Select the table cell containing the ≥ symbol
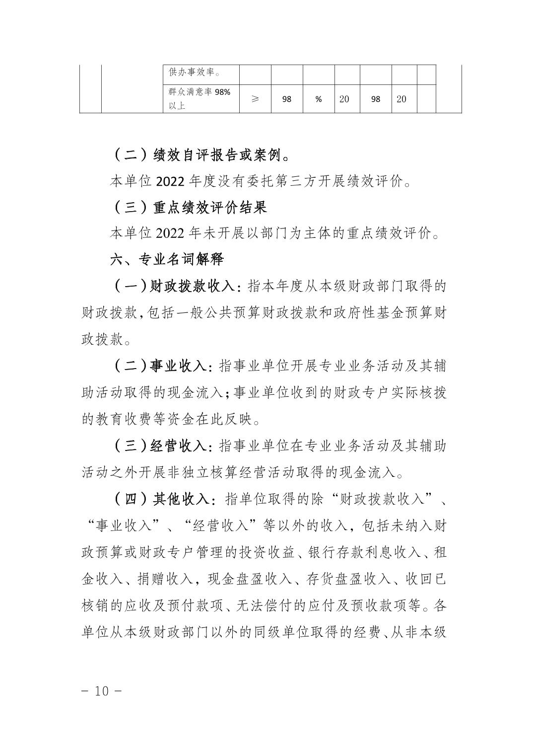point(255,99)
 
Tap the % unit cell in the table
point(319,99)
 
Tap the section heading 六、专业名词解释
point(167,259)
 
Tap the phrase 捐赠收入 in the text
point(165,579)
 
